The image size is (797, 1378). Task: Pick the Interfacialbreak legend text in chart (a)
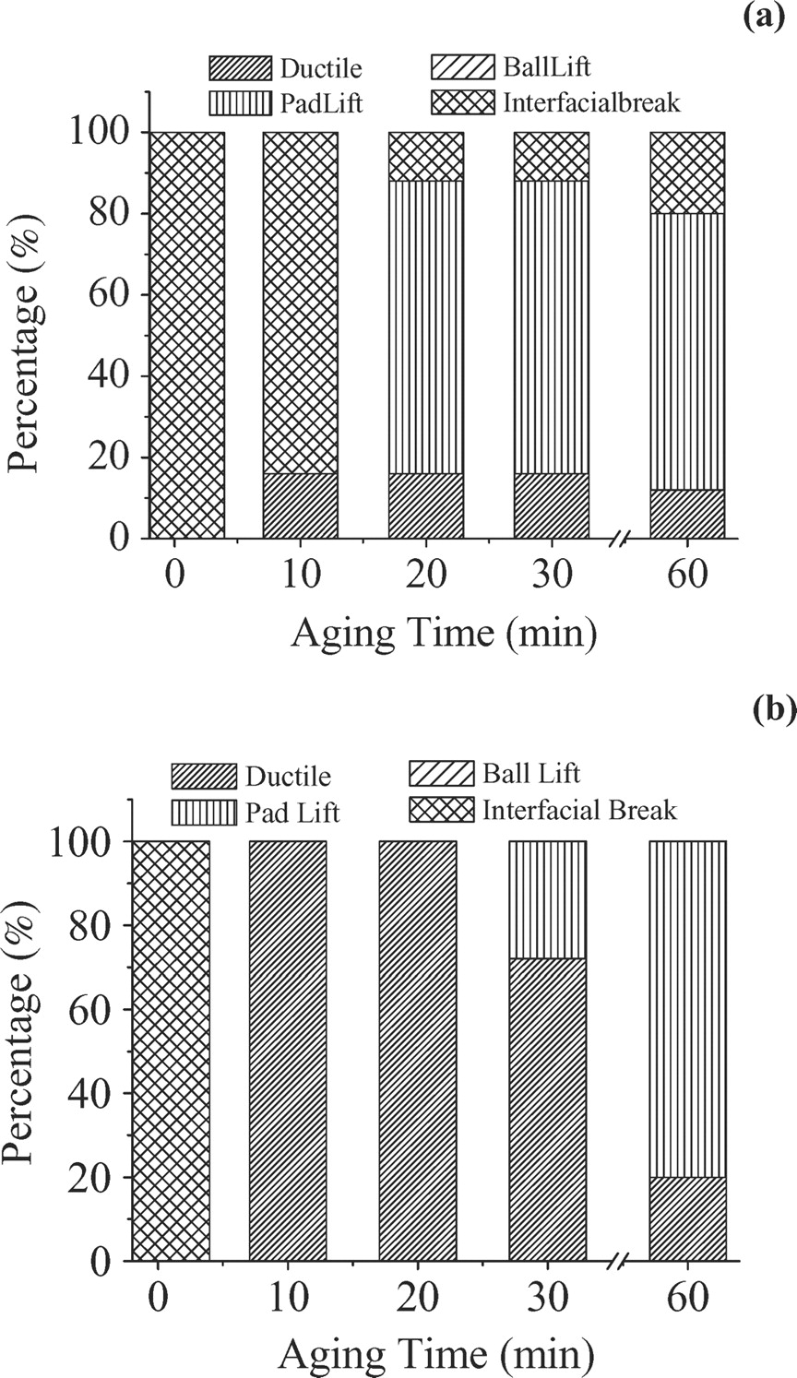[591, 101]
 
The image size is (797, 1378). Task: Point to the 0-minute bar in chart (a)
[187, 334]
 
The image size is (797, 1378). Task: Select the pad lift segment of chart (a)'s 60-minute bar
[687, 350]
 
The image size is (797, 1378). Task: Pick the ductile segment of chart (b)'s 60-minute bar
[687, 1218]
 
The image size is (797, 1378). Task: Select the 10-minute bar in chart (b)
[288, 1051]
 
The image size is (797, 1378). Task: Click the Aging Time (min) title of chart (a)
[443, 635]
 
